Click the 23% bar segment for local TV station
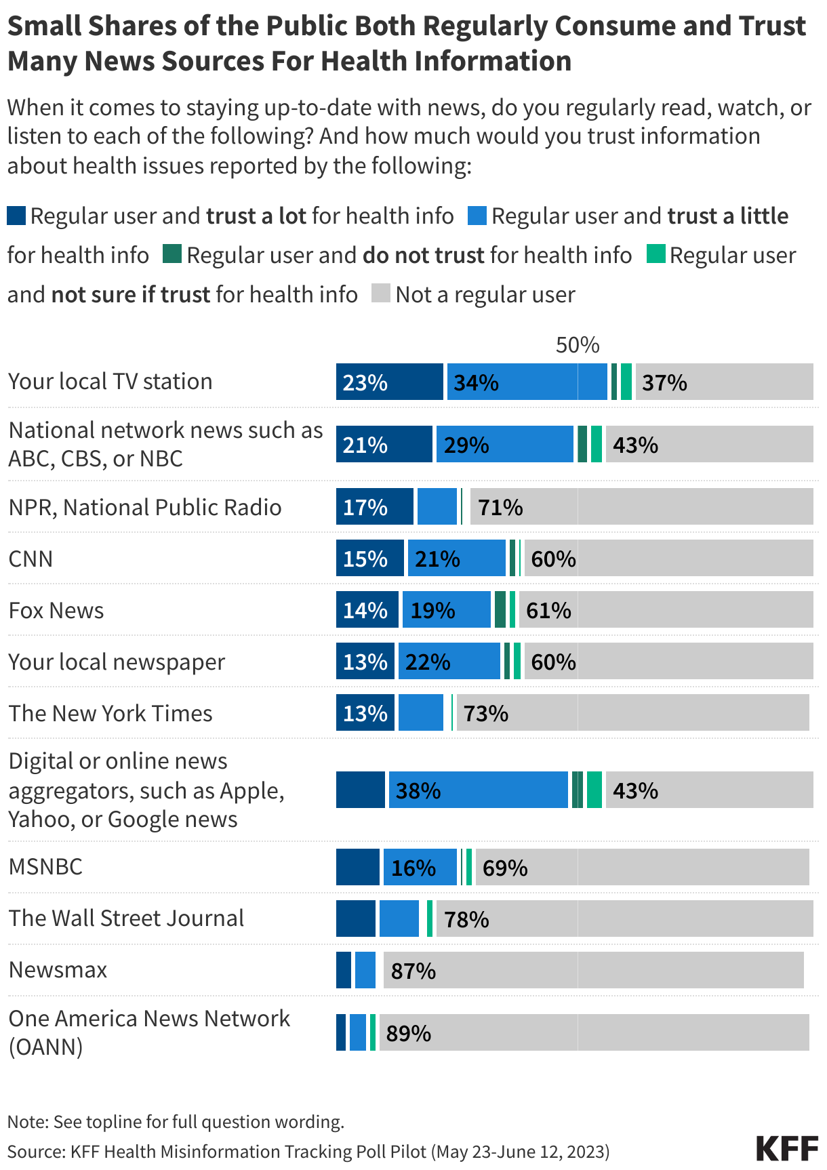point(389,382)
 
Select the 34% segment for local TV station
point(527,382)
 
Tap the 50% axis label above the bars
point(578,345)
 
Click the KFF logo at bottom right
point(787,1148)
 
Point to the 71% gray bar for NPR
point(641,506)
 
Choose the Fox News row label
point(56,610)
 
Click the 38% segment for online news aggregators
point(478,790)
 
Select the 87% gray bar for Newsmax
point(593,970)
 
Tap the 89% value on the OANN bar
point(409,1033)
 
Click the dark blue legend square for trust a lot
point(16,216)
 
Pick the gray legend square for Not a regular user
point(381,294)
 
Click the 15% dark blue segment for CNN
point(369,558)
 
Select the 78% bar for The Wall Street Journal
point(624,919)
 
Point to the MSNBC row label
point(45,866)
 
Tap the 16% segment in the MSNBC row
point(420,867)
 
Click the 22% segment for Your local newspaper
point(449,661)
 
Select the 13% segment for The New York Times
point(365,712)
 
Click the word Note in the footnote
point(26,1122)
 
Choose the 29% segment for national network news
point(504,444)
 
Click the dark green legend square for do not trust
point(173,254)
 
